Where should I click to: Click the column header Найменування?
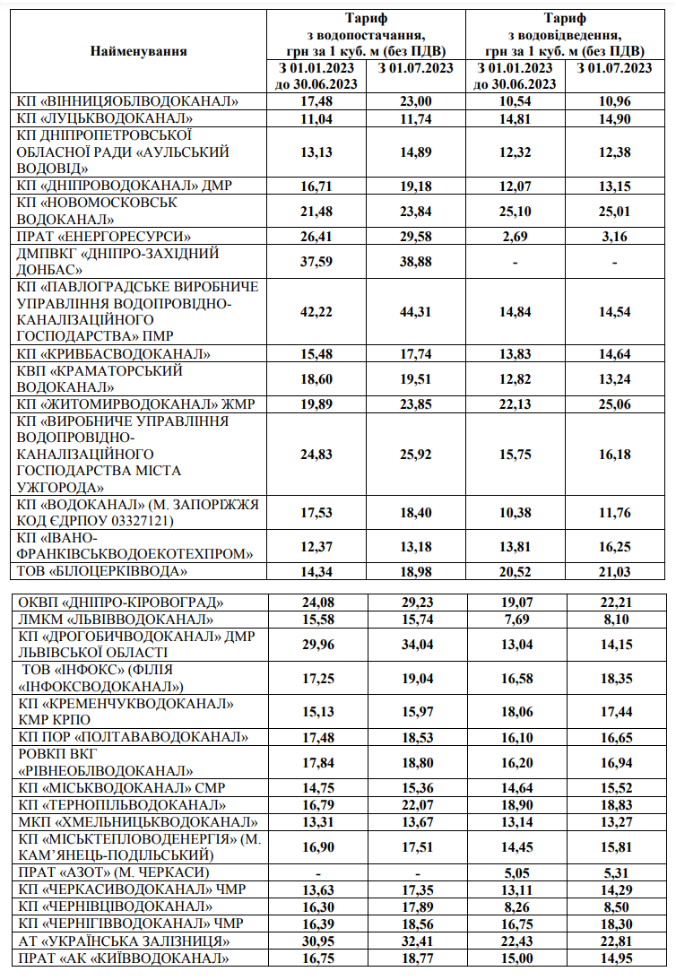pos(138,50)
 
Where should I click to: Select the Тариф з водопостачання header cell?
pos(363,34)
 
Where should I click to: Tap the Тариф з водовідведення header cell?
pos(564,34)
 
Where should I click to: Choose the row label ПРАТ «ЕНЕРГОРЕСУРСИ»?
pos(103,237)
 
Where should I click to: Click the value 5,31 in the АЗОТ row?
pos(614,872)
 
